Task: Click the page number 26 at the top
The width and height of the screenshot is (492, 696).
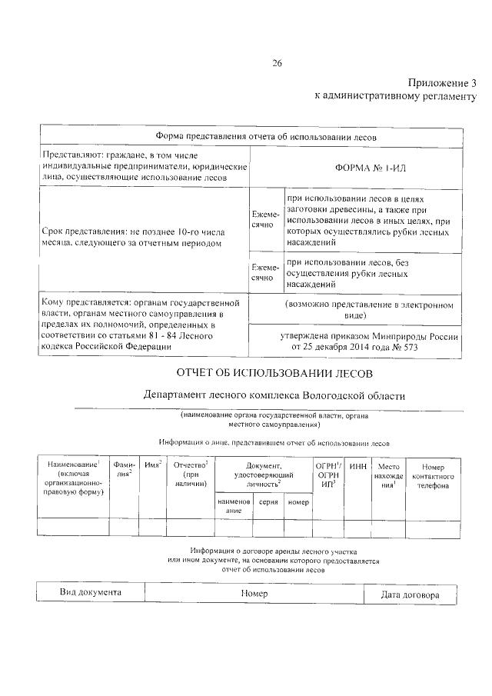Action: [x=278, y=63]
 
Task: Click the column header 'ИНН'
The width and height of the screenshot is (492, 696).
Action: [x=358, y=466]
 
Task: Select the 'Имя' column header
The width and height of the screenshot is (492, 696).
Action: [x=153, y=465]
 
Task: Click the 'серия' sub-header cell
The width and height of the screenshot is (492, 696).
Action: [x=268, y=501]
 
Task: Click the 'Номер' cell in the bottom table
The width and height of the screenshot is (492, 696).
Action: [x=253, y=594]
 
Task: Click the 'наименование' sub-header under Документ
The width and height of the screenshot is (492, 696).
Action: [x=234, y=505]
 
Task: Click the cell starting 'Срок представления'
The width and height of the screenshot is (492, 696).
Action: [x=133, y=237]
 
